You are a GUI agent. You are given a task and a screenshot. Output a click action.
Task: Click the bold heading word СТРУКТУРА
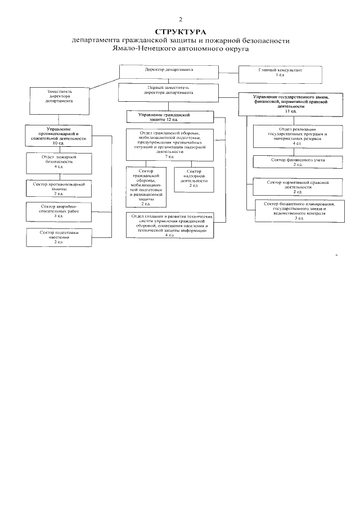point(181,32)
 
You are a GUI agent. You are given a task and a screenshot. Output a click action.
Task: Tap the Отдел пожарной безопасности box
point(59,162)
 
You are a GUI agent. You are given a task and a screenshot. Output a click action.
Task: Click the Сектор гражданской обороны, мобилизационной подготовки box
point(146,187)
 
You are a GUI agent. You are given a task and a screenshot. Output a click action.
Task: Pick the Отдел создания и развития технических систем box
point(170,226)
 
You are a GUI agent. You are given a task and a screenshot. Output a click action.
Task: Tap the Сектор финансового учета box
point(291,162)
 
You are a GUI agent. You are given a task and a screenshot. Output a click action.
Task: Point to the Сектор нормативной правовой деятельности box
point(291,185)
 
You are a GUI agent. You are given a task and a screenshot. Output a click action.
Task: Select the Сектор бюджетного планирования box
point(295,209)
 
